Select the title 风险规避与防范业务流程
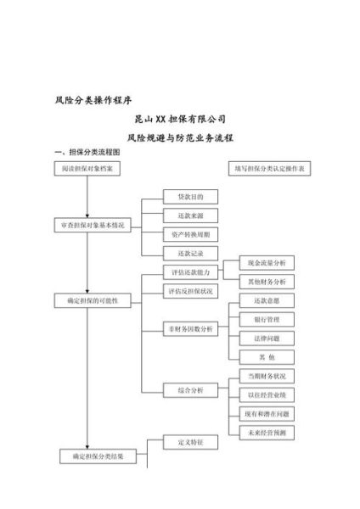click(x=180, y=136)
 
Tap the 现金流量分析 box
click(x=267, y=264)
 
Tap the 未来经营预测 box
click(x=267, y=433)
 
